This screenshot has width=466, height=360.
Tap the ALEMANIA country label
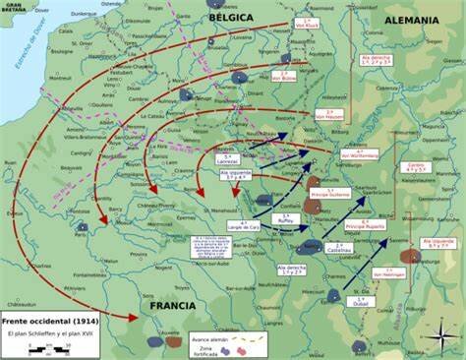pos(412,19)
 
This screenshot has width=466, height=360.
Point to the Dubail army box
pos(361,300)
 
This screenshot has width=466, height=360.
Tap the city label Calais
pos(66,30)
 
